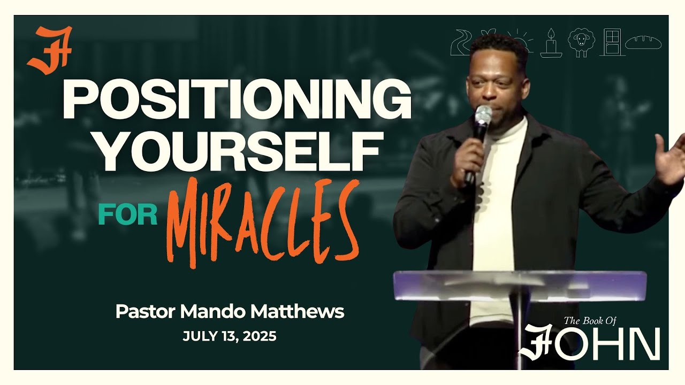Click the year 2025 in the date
259,337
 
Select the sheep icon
581,43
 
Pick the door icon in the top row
612,42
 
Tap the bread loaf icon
644,42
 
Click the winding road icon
461,43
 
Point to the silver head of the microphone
483,115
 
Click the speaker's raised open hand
671,158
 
